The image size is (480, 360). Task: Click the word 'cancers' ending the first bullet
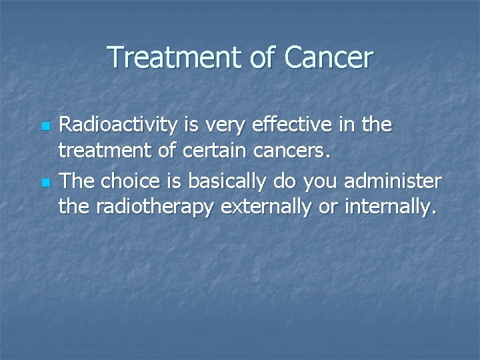pyautogui.click(x=295, y=153)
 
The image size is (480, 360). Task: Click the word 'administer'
pyautogui.click(x=391, y=181)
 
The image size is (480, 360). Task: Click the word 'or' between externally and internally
pyautogui.click(x=327, y=209)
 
